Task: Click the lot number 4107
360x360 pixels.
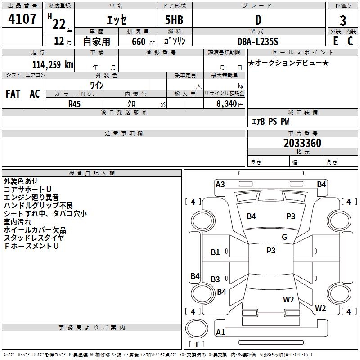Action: [x=22, y=19]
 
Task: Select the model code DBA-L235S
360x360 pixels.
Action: [x=258, y=41]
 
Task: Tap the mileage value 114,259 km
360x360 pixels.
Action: [x=53, y=65]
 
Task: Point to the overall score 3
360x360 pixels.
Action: [x=343, y=20]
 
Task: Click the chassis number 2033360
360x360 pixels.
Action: [x=302, y=143]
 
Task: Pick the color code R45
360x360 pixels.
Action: [x=74, y=104]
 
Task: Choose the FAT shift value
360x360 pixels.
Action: [x=13, y=94]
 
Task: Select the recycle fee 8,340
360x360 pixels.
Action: [x=226, y=104]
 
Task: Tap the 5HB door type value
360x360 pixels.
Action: [x=174, y=20]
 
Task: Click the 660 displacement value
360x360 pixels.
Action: [x=139, y=41]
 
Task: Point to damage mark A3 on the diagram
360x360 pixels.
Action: [x=220, y=184]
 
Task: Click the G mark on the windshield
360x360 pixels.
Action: [x=284, y=237]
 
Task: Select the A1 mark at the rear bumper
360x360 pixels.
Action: [x=220, y=332]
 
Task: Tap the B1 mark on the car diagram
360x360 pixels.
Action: [x=215, y=252]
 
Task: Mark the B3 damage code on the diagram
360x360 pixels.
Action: [x=215, y=279]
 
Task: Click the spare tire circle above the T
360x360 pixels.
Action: [x=197, y=328]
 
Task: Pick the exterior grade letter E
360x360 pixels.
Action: [x=335, y=41]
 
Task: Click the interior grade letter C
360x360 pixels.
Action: [x=350, y=41]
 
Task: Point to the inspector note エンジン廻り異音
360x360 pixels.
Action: [x=31, y=197]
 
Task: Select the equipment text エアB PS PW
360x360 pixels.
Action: [x=270, y=121]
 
